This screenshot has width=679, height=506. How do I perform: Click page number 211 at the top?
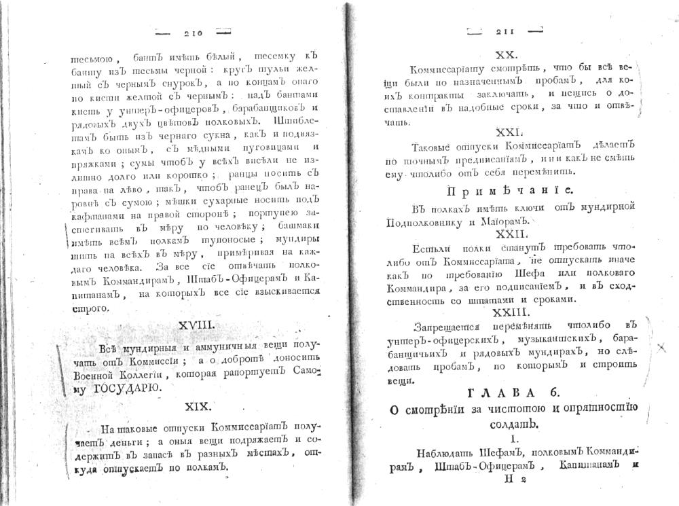click(507, 31)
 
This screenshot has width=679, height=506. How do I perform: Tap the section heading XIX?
click(200, 406)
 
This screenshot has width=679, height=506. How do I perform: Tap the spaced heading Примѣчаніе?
click(509, 190)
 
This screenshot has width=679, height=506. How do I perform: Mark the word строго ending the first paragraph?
click(90, 309)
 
